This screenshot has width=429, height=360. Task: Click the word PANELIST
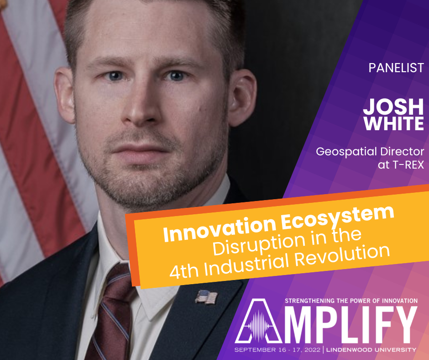coord(396,68)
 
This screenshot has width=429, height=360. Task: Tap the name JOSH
coord(393,106)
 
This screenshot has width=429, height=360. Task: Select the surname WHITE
coord(394,123)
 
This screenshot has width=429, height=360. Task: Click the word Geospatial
coord(346,152)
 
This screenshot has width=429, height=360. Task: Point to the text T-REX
coord(408,165)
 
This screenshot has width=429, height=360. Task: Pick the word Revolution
coord(342,256)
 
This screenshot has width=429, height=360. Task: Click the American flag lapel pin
coord(206,297)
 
